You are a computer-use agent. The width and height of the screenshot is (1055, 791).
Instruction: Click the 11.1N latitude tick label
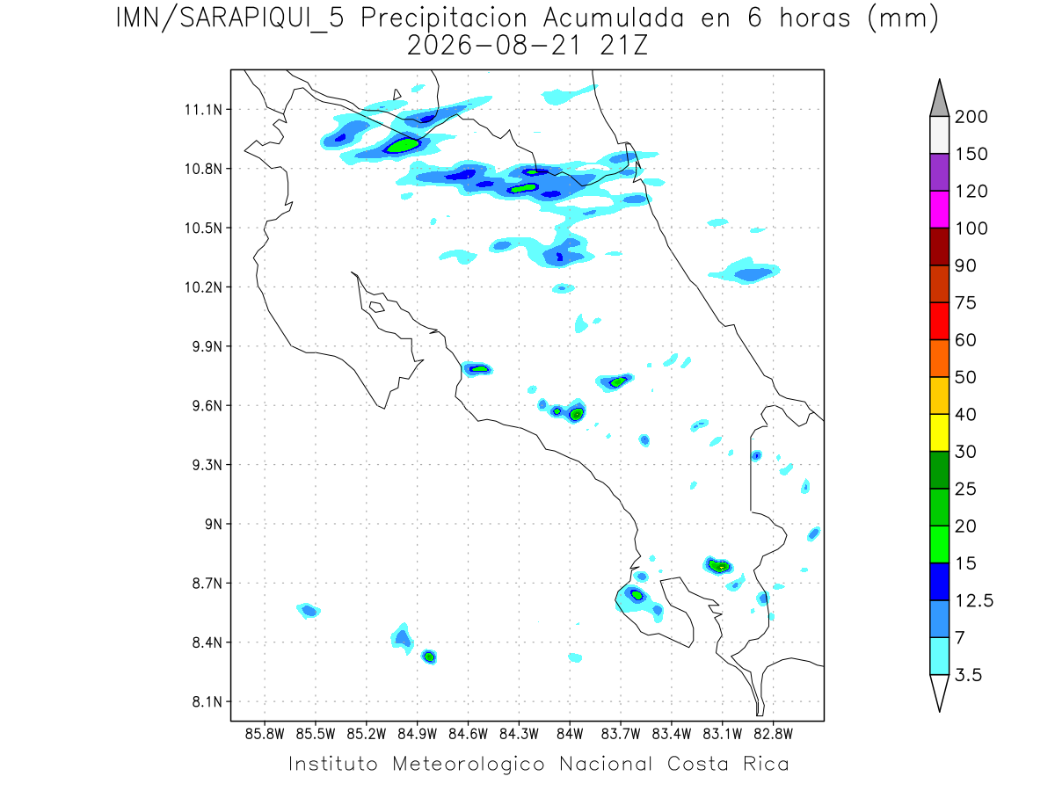pos(203,110)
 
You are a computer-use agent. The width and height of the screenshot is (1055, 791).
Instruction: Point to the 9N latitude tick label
pos(214,524)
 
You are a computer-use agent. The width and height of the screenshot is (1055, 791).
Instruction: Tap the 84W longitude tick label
pos(570,734)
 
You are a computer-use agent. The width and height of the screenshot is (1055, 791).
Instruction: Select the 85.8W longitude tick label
pos(265,734)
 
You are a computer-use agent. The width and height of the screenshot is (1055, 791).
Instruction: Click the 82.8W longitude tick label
pos(773,734)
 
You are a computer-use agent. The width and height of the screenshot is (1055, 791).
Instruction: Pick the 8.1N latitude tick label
pos(207,701)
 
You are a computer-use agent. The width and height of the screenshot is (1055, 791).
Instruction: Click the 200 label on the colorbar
pos(971,117)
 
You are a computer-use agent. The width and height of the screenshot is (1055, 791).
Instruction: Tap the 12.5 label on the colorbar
pos(974,601)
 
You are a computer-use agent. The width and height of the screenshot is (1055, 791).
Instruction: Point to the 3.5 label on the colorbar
pos(968,675)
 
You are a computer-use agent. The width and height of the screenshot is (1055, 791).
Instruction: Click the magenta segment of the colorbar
pos(939,209)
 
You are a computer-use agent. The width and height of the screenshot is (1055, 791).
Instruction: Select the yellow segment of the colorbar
pos(939,432)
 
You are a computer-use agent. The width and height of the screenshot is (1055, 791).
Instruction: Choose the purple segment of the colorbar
pos(939,172)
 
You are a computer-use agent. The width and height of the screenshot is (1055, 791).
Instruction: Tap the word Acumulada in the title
pos(614,18)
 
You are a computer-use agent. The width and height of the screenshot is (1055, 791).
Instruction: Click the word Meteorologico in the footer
pos(469,764)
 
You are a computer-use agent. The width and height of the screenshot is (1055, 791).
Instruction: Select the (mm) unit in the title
pos(903,19)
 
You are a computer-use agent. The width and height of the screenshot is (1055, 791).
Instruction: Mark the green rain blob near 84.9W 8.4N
pos(429,657)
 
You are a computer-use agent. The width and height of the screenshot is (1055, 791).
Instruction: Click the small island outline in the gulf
pos(377,307)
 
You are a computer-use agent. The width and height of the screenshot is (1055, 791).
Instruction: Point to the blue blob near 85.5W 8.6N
pos(309,611)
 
